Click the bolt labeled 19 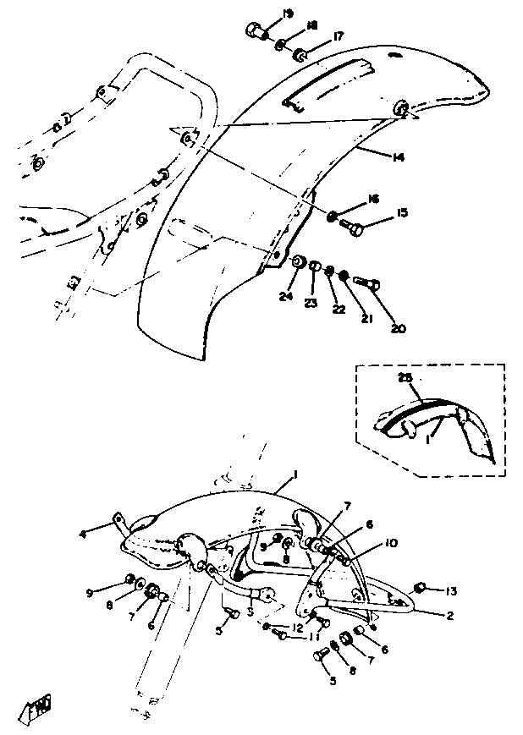pyautogui.click(x=255, y=32)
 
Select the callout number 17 pyautogui.click(x=338, y=36)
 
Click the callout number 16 pyautogui.click(x=375, y=199)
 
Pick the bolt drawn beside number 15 pyautogui.click(x=353, y=227)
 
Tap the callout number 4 pyautogui.click(x=107, y=533)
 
